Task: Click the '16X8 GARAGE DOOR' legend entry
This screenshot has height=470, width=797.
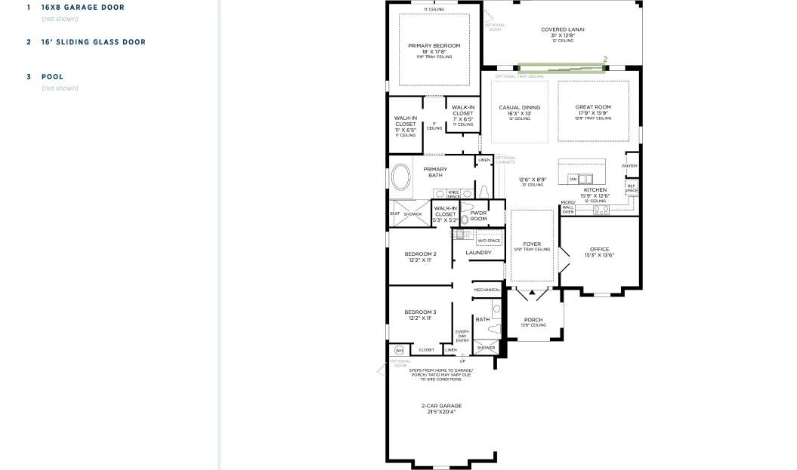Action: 82,8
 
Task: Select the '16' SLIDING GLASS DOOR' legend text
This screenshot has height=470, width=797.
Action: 93,42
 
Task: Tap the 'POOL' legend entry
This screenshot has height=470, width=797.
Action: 52,77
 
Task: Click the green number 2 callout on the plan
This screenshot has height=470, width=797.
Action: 605,60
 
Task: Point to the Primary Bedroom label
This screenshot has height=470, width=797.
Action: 434,46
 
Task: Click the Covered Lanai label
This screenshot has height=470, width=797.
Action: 563,30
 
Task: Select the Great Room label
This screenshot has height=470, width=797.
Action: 593,108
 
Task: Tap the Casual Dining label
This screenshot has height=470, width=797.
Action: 520,108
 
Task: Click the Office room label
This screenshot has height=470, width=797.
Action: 599,250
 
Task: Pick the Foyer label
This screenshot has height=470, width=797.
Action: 532,244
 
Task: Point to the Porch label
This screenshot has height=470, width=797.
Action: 533,320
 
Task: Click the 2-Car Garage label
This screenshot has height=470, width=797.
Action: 441,407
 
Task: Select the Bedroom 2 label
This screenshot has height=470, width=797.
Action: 420,254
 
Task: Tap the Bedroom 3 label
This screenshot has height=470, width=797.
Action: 420,312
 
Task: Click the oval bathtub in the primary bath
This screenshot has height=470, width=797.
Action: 401,180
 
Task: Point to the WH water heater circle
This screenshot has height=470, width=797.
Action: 400,350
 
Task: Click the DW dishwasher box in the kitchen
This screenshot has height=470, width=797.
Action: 573,179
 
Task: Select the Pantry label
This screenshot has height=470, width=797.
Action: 629,166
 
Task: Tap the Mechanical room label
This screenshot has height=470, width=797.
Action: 487,290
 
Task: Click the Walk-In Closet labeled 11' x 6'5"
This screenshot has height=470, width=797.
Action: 405,121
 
